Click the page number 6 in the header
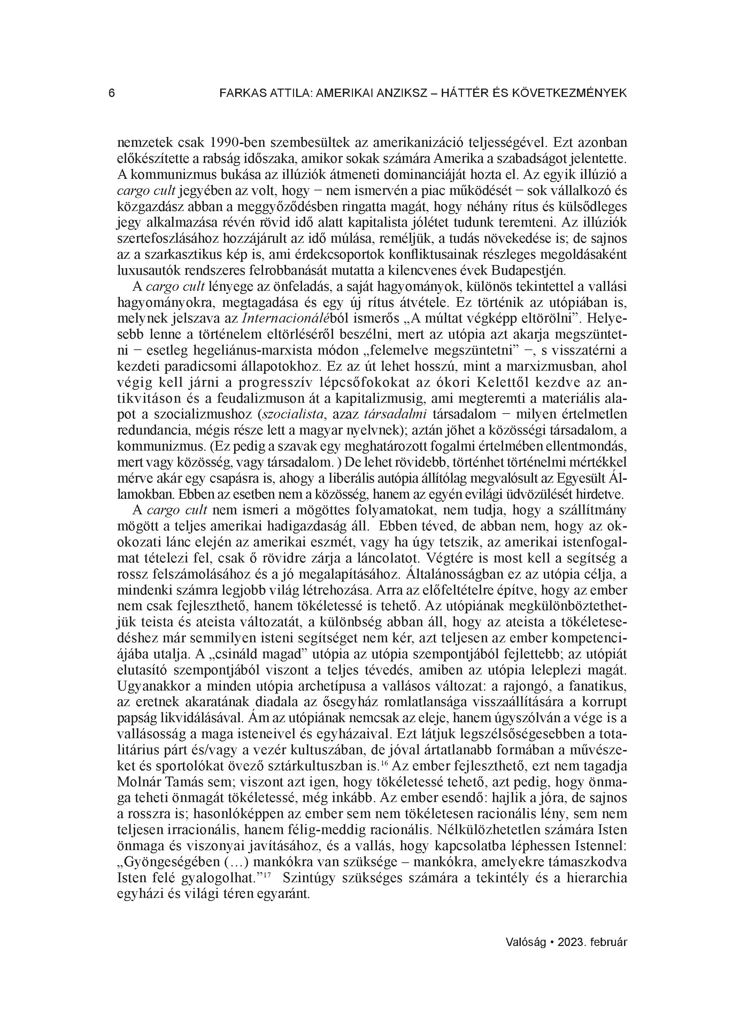tap(112, 93)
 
